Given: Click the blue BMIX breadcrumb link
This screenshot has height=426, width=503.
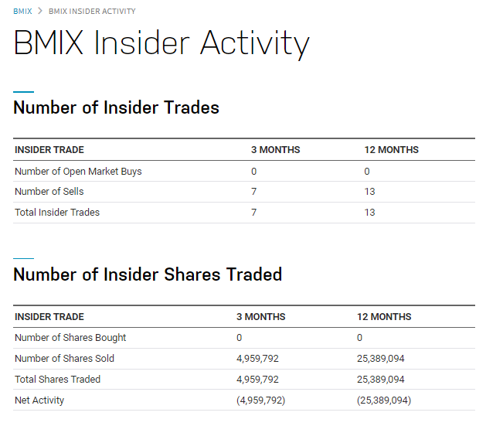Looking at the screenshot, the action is [22, 12].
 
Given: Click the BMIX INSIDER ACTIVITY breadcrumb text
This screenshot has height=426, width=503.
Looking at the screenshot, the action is [92, 12].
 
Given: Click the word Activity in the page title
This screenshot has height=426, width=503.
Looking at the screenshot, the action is [255, 44].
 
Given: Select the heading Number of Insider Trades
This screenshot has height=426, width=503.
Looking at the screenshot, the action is [116, 107].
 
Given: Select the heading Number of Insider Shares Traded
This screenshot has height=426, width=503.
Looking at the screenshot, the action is [148, 274].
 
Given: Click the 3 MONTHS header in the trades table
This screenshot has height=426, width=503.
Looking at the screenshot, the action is [275, 149].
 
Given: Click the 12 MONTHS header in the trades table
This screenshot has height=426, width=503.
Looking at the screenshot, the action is [392, 149].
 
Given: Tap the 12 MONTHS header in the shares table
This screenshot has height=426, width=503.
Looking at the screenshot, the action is [384, 316].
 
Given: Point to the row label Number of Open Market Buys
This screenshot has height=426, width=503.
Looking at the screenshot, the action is [78, 172].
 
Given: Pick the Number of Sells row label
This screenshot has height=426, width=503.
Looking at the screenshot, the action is [49, 191].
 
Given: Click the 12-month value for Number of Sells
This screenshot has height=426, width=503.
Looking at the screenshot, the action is [369, 192].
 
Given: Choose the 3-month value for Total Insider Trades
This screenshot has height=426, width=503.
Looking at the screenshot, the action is [253, 212].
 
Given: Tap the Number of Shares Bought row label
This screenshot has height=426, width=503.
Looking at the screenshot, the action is [70, 338].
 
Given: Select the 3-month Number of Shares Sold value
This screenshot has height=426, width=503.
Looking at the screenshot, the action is [257, 358].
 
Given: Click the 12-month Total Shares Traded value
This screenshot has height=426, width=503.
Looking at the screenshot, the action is [380, 379].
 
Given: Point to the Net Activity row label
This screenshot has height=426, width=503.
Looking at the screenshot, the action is [39, 400].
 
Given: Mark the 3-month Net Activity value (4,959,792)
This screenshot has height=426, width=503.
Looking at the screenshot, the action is [261, 400].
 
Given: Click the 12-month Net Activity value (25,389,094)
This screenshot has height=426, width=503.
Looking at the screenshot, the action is [384, 400].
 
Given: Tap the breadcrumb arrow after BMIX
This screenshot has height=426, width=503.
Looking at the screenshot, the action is [40, 11].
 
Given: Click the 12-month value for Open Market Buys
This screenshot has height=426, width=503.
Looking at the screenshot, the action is [367, 172].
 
